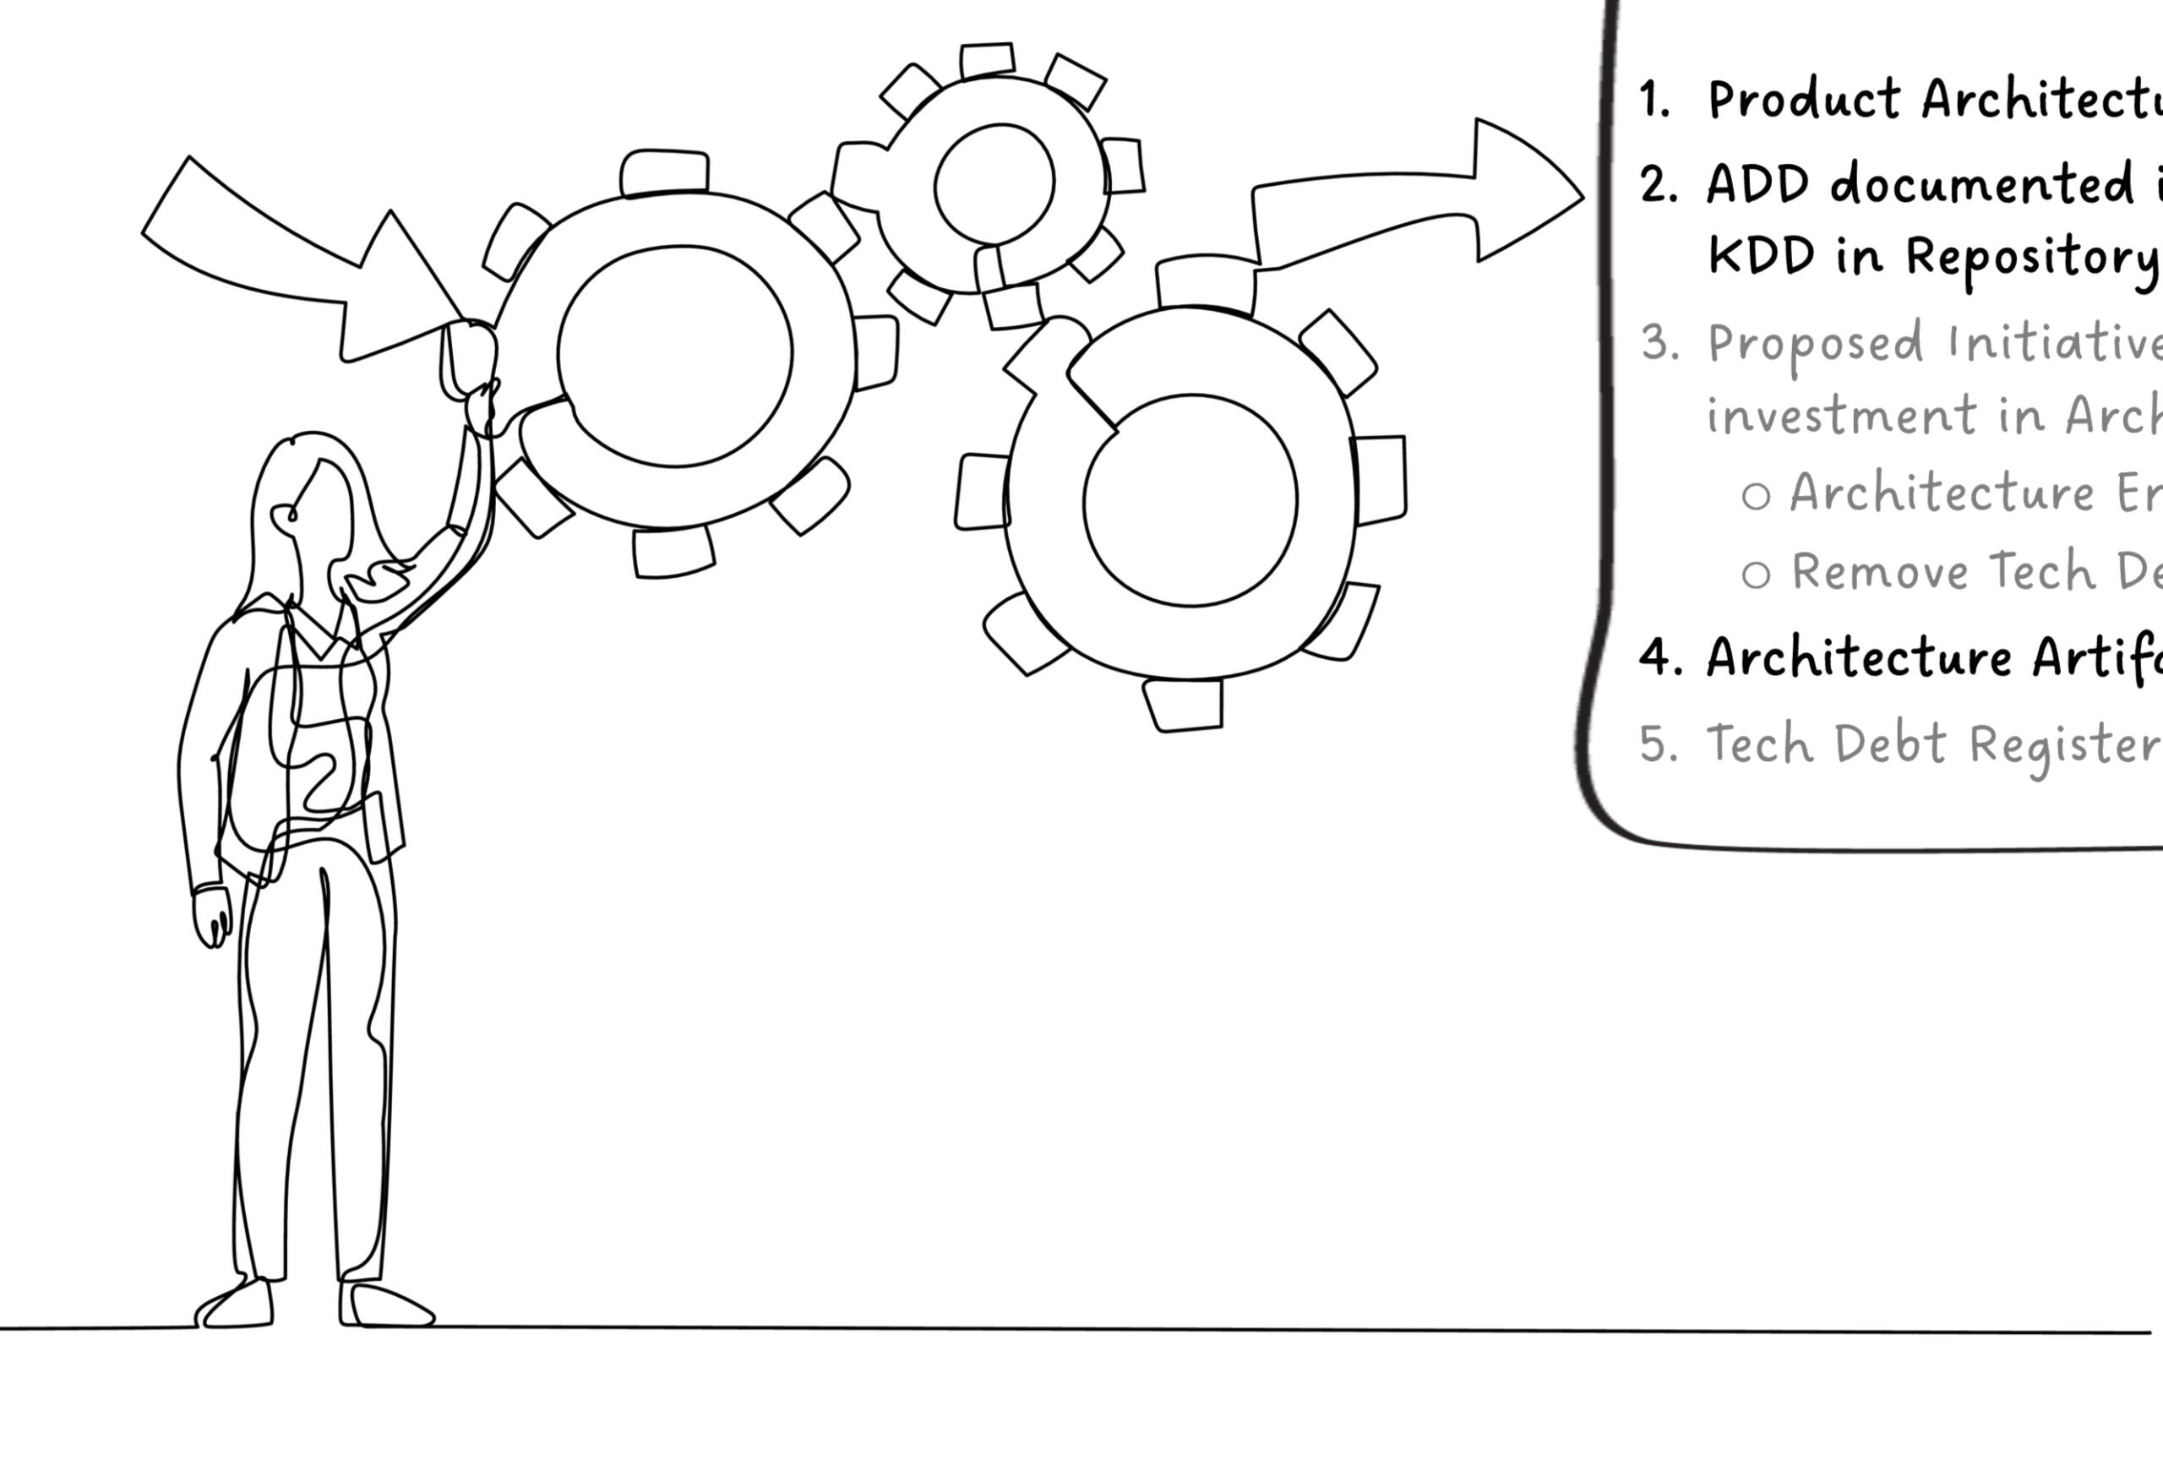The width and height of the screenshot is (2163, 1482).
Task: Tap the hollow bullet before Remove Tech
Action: click(x=1756, y=575)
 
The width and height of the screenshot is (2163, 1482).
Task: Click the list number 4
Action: click(x=1659, y=657)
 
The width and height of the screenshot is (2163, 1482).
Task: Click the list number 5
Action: click(x=1659, y=744)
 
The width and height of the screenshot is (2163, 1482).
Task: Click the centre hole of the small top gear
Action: click(x=994, y=183)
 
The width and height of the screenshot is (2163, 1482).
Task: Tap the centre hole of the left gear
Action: click(x=675, y=356)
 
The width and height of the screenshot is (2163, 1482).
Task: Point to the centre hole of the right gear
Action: click(x=1190, y=501)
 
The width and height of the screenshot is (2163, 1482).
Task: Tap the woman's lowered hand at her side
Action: click(x=212, y=917)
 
